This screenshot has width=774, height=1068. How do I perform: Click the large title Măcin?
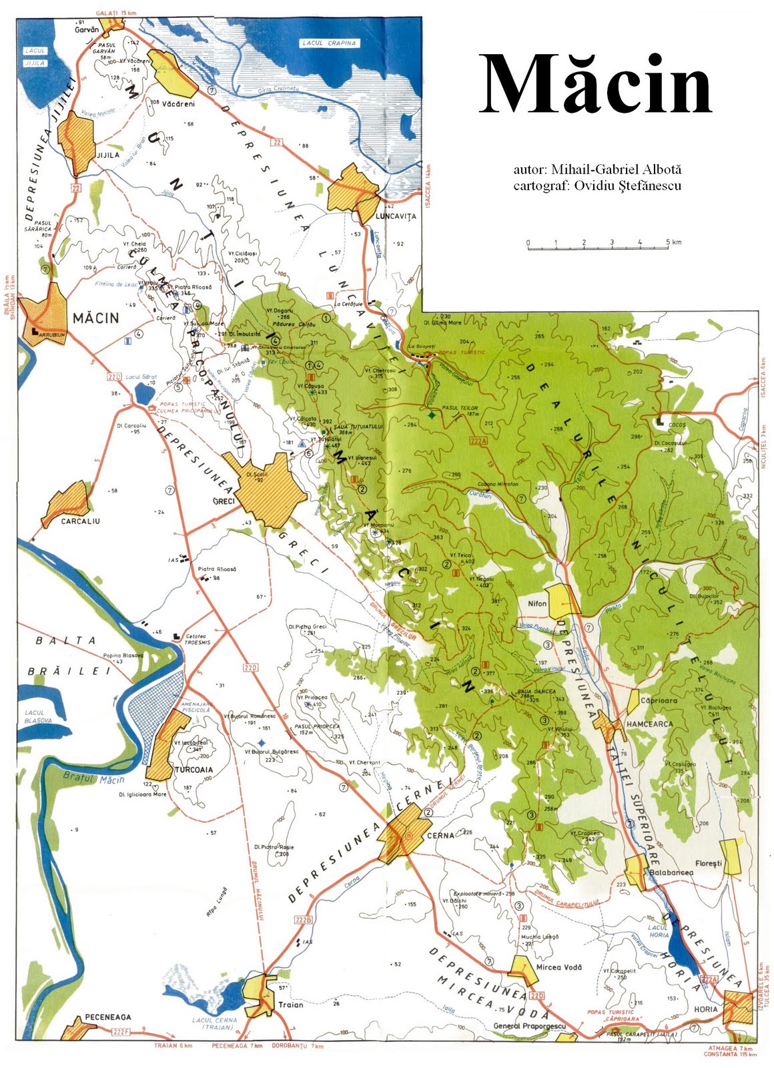595,85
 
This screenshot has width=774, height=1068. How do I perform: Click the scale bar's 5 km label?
673,242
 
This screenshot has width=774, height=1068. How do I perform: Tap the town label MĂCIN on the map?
95,318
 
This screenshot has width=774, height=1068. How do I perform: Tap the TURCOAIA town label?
193,770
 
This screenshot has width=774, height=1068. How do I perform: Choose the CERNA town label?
440,836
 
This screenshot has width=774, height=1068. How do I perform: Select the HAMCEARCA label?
649,724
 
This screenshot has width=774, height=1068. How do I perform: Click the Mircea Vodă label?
559,967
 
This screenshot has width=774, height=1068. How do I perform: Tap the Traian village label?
290,1005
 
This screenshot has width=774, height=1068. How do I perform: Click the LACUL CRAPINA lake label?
330,43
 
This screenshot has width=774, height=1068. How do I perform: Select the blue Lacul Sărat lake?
143,393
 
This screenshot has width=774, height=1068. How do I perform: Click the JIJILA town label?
108,155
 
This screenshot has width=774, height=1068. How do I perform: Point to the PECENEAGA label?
108,1017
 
